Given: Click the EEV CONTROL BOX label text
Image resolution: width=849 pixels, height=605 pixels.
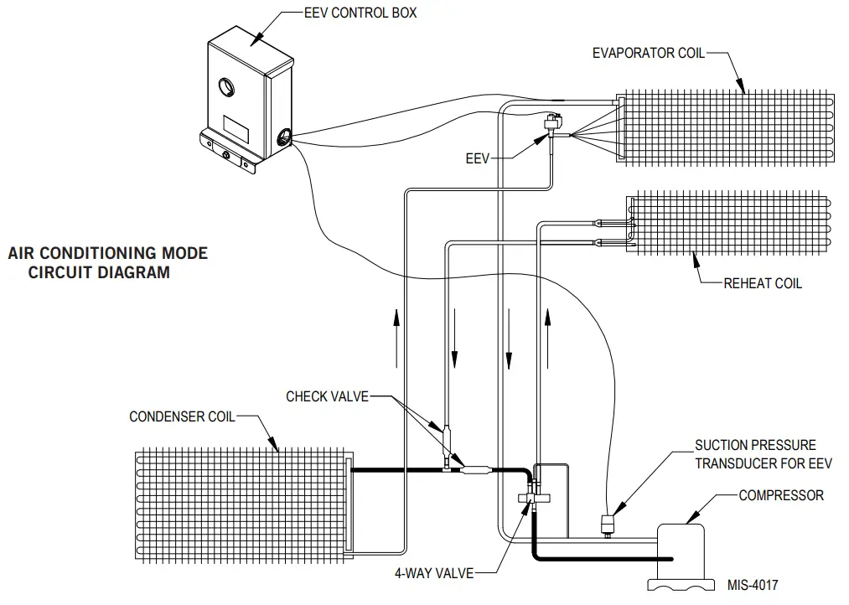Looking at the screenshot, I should point(360,13).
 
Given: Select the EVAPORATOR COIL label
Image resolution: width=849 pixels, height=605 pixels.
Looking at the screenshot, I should point(648,54).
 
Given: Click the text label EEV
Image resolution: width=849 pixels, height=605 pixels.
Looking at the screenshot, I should point(477,158).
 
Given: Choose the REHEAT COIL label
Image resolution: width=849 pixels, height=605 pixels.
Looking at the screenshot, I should point(762,283).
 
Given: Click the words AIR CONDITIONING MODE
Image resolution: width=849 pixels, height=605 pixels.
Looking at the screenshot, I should point(108,253).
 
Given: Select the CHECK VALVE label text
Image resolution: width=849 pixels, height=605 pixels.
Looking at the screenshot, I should point(327,396).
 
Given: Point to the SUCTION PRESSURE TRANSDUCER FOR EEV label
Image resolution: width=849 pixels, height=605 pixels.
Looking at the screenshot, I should point(754,453).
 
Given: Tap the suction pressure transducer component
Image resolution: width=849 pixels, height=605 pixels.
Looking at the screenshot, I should point(606,525).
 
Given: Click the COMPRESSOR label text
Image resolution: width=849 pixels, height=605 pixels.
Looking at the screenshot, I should point(780,495).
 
